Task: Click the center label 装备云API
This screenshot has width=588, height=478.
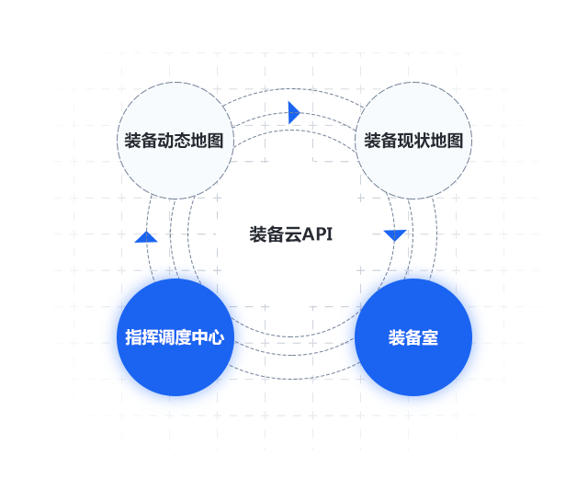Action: click(291, 234)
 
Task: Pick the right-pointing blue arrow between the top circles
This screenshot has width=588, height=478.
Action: click(294, 112)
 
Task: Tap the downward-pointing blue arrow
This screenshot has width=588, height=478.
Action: click(395, 235)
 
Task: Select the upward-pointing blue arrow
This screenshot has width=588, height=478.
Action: click(146, 237)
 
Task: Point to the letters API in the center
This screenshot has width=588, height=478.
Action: click(318, 234)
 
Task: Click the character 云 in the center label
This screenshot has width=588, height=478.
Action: click(293, 234)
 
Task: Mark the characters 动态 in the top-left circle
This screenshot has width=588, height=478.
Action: click(174, 141)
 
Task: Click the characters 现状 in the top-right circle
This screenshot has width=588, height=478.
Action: click(413, 141)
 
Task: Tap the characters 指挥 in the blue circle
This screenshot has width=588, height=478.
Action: click(141, 337)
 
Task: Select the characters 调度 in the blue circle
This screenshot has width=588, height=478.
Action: click(175, 337)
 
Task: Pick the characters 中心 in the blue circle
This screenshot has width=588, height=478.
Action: click(209, 337)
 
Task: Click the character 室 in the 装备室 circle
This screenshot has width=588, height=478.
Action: click(430, 337)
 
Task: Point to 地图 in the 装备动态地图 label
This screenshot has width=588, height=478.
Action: click(207, 141)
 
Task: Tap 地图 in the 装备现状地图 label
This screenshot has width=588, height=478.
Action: click(447, 141)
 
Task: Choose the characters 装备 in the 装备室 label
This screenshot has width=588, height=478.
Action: click(404, 337)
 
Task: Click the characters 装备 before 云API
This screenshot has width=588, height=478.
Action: click(266, 234)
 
